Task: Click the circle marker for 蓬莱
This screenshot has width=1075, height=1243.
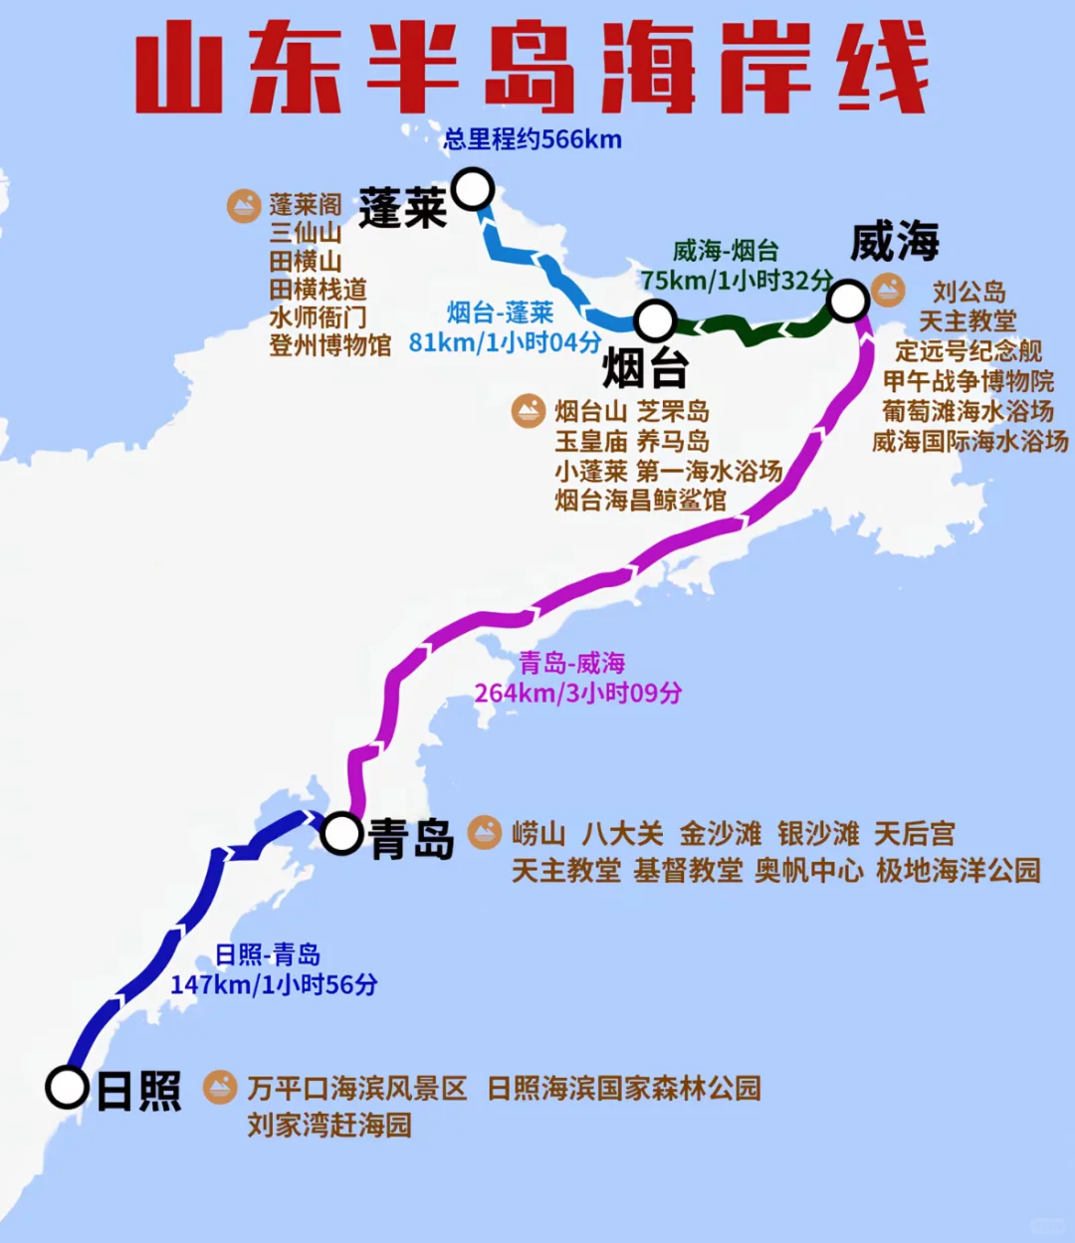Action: coord(473,188)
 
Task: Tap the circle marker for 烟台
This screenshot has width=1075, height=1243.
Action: coord(655,320)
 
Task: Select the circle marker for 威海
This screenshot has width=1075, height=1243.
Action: coord(848,301)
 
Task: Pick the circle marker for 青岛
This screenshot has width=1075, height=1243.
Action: coord(341,833)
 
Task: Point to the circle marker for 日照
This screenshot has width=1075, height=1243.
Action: coord(68,1087)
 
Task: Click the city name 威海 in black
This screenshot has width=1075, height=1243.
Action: coord(895,242)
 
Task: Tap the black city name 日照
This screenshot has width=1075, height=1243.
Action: coord(138,1092)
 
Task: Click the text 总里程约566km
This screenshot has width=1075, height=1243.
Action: coord(533,139)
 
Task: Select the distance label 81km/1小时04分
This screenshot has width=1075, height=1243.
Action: coord(505,342)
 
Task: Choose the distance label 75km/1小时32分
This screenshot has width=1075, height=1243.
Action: coord(737,281)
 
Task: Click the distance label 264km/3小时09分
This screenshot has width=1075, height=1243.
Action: coord(577,693)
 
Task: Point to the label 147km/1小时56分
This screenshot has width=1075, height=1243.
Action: coord(274,984)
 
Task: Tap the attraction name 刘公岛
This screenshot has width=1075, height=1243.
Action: coord(968,293)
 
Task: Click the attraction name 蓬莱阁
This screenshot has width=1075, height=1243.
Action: coord(305,205)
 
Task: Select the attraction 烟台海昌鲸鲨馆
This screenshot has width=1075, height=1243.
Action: coord(641,500)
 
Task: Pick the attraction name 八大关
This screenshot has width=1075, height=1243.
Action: coord(622,833)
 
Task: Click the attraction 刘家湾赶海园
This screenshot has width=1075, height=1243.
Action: coord(329,1126)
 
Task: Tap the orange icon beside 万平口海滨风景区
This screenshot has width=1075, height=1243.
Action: coord(220,1087)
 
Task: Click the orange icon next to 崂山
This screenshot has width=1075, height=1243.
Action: coord(485,832)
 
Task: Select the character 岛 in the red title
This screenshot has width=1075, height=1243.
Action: coord(527,68)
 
